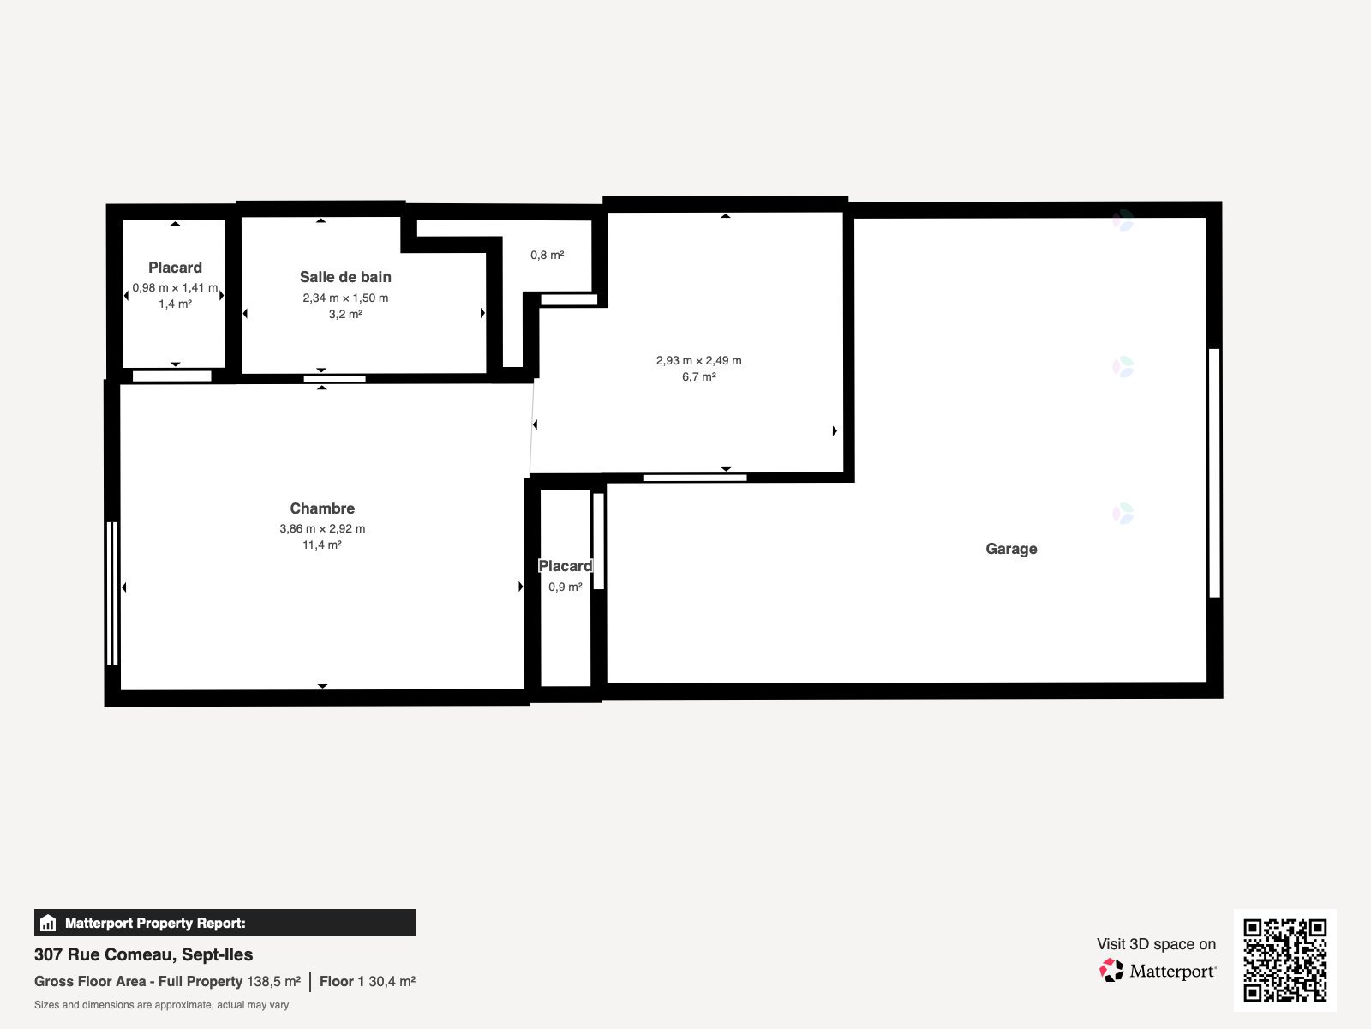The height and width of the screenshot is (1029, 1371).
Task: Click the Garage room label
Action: [x=1011, y=549]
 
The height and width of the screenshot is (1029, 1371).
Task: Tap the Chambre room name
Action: [x=322, y=508]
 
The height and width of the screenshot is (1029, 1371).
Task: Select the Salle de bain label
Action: [x=345, y=277]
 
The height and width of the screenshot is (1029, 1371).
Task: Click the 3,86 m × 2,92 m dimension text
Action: [x=322, y=528]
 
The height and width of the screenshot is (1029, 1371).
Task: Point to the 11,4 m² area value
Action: [x=322, y=545]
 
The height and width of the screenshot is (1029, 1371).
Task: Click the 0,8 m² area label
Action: [x=548, y=255]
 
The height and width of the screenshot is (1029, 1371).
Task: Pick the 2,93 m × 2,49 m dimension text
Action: [x=699, y=360]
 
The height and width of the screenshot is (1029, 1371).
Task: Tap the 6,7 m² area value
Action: [x=699, y=376]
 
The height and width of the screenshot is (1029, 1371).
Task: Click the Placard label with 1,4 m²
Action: [x=175, y=268]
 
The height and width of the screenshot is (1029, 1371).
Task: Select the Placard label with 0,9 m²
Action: [x=566, y=566]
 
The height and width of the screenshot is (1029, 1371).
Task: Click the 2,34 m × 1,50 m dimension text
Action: [x=345, y=298]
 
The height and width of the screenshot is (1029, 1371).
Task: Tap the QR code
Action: [x=1284, y=960]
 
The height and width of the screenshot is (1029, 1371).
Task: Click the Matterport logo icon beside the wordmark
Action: [x=1111, y=971]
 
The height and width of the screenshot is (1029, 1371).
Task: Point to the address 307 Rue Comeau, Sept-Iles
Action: [x=144, y=954]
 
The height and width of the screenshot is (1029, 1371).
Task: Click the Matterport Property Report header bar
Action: [x=225, y=923]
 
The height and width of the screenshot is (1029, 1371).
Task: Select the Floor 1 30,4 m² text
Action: [x=368, y=982]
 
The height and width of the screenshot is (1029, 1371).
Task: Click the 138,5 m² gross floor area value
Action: [x=273, y=982]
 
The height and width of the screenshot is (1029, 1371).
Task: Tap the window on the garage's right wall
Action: [x=1214, y=473]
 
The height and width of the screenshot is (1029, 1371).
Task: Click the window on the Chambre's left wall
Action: [x=112, y=593]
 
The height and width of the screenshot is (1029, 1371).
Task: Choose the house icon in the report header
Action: [x=48, y=923]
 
